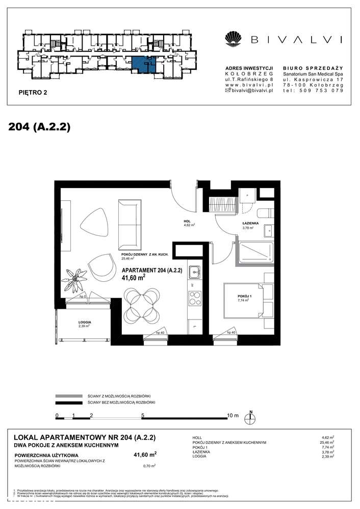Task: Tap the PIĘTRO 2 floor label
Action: coord(32,93)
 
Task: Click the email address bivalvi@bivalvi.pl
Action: coord(249,90)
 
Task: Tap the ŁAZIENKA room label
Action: coord(250,224)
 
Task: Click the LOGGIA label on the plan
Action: coord(84,322)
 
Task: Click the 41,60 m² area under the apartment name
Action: coord(133,278)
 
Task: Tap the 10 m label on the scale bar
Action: coord(233,415)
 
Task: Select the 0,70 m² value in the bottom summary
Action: coord(148,465)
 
